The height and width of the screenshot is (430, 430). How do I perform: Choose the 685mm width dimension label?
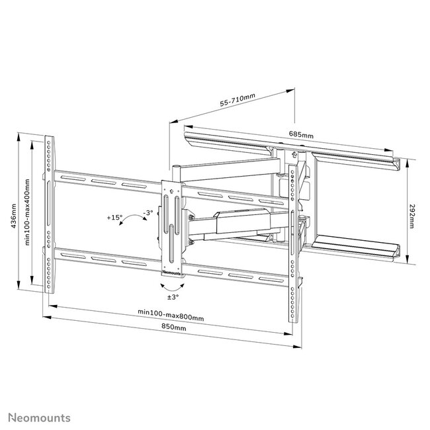[301, 134]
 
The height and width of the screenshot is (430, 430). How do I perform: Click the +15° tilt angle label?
[115, 216]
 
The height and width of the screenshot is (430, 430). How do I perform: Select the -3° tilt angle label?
[148, 213]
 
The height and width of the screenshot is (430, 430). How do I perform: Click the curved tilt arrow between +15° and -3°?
[130, 222]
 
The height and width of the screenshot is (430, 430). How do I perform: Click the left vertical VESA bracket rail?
[50, 215]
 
